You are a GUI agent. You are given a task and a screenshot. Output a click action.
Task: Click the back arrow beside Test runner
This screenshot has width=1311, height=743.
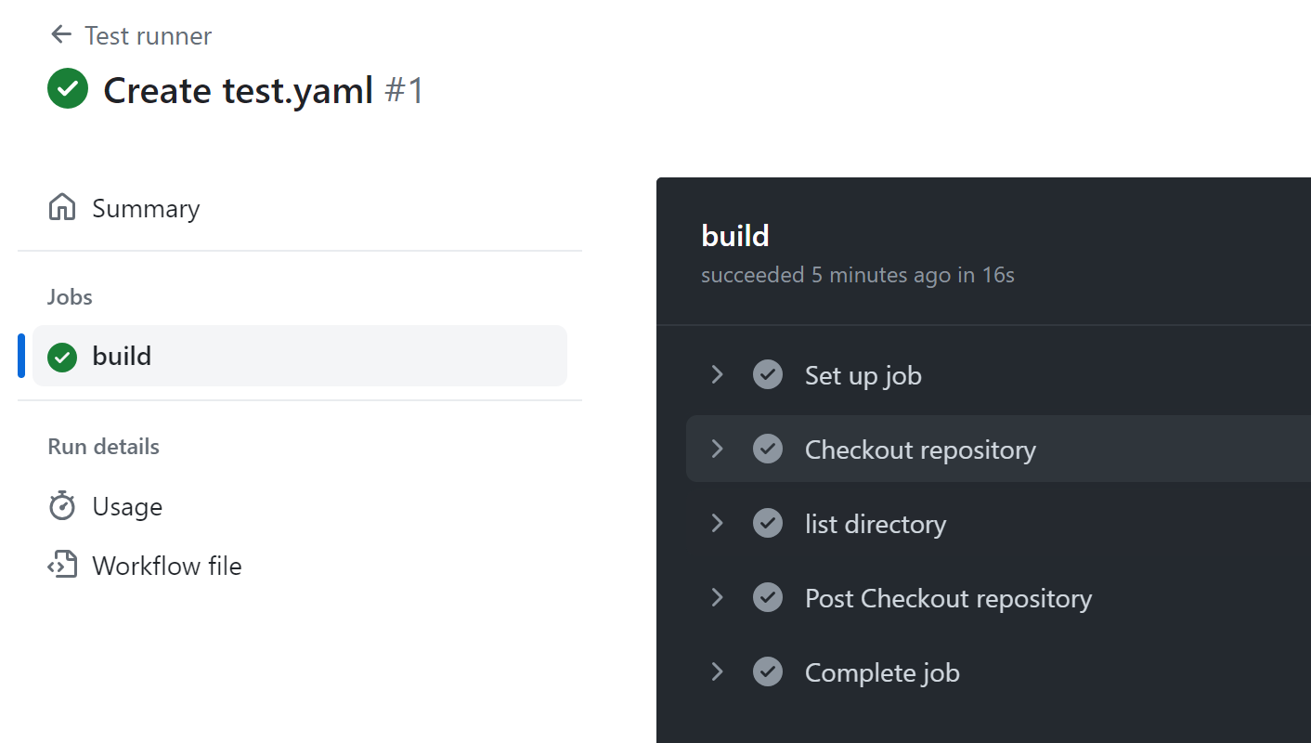61,35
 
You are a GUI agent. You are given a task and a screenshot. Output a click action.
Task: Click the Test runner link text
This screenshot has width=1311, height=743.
148,36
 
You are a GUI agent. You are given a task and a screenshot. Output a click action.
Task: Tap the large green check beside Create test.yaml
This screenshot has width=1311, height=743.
68,89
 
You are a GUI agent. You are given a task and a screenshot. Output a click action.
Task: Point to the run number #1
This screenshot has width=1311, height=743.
404,91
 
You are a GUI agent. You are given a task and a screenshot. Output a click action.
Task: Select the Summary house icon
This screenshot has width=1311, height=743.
62,207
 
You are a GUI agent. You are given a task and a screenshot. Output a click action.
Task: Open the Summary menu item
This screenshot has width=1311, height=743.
146,208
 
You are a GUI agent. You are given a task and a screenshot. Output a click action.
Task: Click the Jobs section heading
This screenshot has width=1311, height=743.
71,297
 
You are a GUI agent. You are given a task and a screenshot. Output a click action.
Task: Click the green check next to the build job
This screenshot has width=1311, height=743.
62,357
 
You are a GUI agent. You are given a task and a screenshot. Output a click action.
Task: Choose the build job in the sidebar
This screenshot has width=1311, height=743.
122,356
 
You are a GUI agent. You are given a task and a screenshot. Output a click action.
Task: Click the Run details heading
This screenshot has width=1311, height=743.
104,447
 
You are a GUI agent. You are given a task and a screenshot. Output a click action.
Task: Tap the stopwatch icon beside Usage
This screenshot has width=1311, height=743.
62,506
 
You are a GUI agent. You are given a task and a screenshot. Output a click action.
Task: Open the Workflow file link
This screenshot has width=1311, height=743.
166,566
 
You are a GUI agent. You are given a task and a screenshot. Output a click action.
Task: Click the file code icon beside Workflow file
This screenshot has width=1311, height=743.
62,566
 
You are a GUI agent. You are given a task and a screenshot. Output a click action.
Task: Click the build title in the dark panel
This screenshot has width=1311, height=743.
735,236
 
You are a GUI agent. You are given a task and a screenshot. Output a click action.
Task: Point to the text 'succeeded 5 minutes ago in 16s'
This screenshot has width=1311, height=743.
857,276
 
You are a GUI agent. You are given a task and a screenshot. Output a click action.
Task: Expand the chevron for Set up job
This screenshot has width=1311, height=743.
717,374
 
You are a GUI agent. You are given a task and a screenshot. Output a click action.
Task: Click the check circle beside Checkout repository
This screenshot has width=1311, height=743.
768,450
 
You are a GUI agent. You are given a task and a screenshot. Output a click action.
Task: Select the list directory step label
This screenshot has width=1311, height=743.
875,524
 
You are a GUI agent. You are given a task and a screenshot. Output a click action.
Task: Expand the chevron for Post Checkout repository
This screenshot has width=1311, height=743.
717,597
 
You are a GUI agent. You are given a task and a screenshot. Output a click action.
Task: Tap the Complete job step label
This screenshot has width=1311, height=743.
882,672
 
